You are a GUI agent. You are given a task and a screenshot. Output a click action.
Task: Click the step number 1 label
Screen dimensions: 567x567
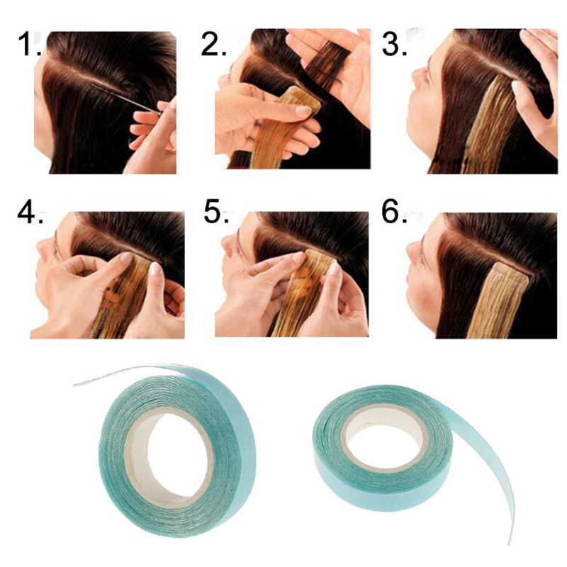(x=29, y=44)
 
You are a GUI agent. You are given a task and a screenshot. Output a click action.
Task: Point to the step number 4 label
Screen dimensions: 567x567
(x=30, y=213)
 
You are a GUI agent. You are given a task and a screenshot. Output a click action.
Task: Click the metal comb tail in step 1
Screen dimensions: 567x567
(x=127, y=99)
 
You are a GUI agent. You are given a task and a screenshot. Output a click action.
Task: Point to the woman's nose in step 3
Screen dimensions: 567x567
(x=416, y=75)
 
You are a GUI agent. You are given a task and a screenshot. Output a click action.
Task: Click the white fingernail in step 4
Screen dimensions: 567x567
(x=155, y=269)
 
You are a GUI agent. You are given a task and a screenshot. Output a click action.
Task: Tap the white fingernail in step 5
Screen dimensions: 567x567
(x=334, y=269)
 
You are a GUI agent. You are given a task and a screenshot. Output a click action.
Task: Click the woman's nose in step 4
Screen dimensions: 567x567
(x=43, y=247)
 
